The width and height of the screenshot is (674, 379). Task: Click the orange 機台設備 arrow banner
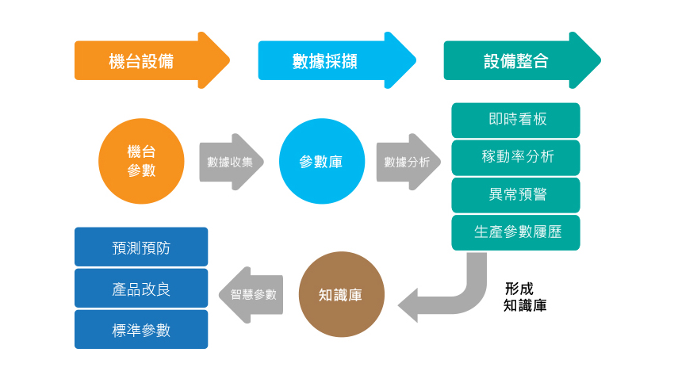point(143,61)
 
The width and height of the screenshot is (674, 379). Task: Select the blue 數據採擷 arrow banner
point(325,61)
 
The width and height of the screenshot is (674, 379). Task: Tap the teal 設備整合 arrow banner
point(511,61)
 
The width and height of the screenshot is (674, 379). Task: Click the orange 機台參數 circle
point(141,161)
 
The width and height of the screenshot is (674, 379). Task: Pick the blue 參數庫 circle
point(321,161)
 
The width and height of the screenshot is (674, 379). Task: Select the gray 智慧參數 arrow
point(252,294)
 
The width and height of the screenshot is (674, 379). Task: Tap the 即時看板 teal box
point(515,120)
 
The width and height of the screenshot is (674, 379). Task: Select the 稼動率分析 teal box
point(515,157)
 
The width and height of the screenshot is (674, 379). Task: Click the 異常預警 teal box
point(515,194)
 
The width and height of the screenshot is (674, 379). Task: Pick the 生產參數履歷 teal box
point(515,232)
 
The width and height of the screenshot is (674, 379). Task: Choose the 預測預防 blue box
point(141,247)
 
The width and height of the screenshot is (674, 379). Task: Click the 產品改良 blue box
point(141,289)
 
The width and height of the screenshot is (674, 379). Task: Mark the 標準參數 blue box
point(141,330)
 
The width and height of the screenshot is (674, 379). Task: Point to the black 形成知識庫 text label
point(524,297)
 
